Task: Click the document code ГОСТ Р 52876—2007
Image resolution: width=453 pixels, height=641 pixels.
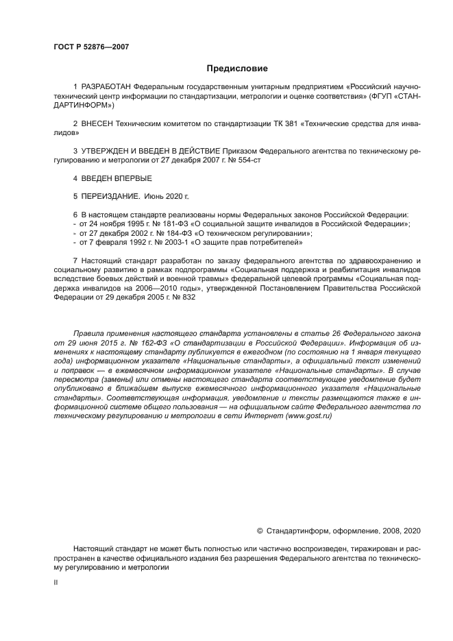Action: (90, 47)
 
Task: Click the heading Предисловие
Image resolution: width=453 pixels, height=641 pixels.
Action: (237, 69)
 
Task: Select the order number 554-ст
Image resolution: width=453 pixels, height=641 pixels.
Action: (248, 160)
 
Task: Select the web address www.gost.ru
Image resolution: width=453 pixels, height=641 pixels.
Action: (310, 416)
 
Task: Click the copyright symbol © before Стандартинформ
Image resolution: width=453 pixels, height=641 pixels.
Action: (259, 531)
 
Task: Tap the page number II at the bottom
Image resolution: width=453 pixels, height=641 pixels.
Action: (56, 581)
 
